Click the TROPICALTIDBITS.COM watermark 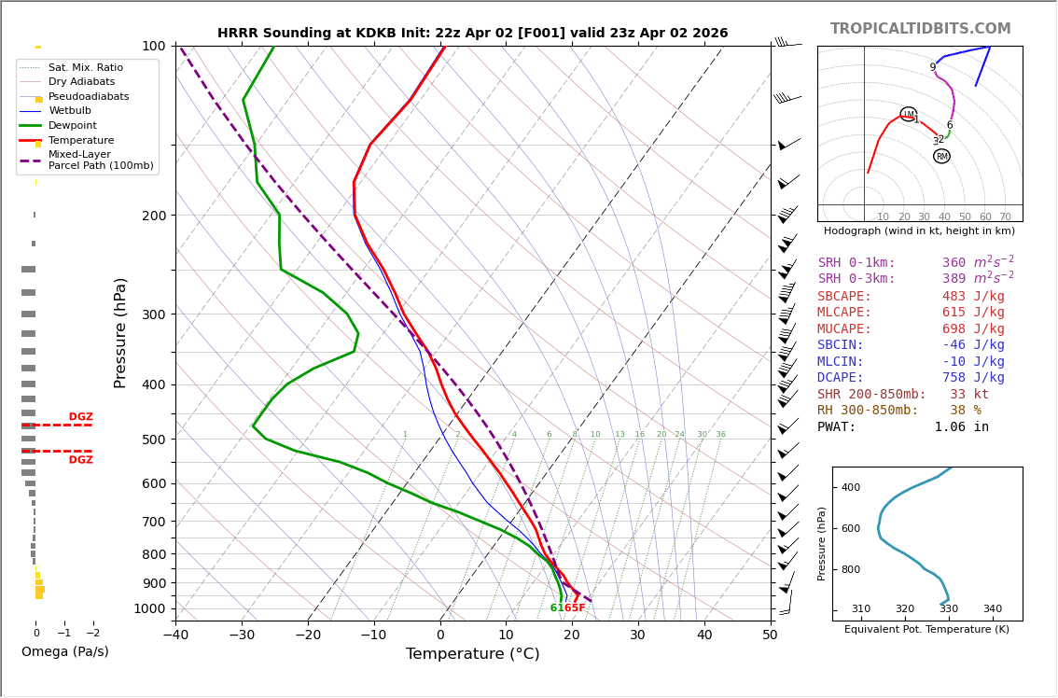coord(920,29)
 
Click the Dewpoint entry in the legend coord(72,126)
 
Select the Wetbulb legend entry coord(70,111)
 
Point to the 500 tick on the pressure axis coord(153,440)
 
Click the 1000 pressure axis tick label coord(149,609)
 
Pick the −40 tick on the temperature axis coord(175,636)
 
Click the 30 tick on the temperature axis coord(637,636)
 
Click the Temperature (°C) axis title coord(472,654)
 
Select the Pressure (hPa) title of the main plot coord(121,332)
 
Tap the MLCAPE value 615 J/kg coord(973,313)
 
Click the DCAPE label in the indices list coord(841,378)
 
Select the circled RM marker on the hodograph coord(941,157)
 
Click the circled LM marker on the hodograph coord(908,115)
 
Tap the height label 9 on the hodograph coord(932,67)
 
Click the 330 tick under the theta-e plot coord(948,609)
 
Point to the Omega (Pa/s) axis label coord(64,652)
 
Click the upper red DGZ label coord(80,417)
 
